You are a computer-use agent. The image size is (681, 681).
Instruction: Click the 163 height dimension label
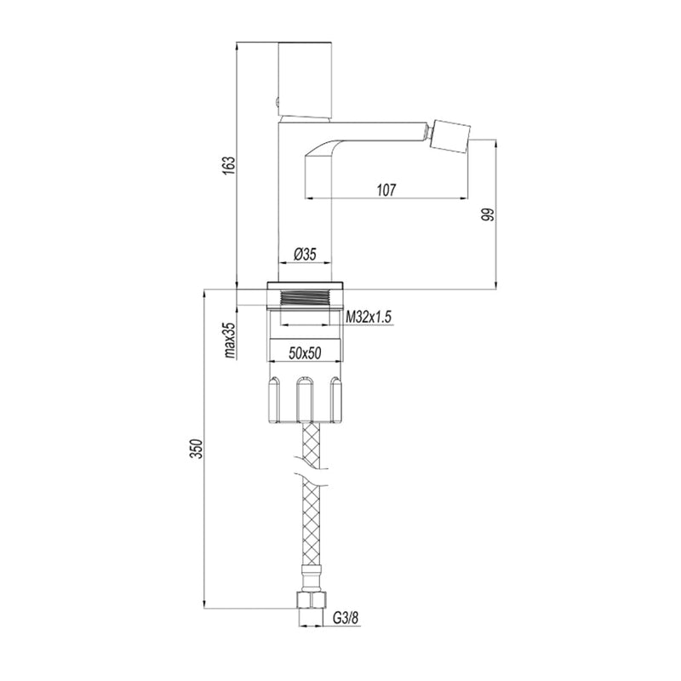click(229, 165)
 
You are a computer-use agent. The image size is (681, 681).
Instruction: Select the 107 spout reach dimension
click(386, 190)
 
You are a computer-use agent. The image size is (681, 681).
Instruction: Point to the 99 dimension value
click(489, 215)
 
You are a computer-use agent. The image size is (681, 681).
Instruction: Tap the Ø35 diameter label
click(305, 254)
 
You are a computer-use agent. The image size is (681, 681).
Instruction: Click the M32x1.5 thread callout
click(369, 318)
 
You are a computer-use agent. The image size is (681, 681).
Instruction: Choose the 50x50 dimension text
click(305, 353)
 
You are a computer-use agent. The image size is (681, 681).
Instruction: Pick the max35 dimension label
click(230, 340)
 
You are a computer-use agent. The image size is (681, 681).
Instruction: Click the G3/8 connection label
click(346, 617)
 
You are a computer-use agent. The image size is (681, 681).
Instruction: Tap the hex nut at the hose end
click(312, 601)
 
